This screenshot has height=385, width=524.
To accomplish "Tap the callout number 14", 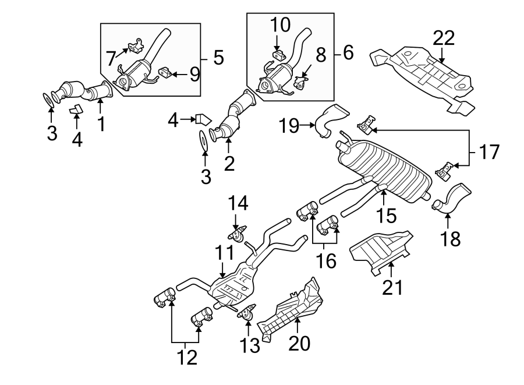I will tap(238, 203).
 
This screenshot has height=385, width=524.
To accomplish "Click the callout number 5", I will tap(218, 57).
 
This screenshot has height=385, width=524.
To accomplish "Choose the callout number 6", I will tap(348, 54).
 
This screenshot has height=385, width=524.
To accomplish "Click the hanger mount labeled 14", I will tap(236, 235).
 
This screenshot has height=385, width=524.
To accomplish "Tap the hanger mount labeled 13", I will tap(247, 315).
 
